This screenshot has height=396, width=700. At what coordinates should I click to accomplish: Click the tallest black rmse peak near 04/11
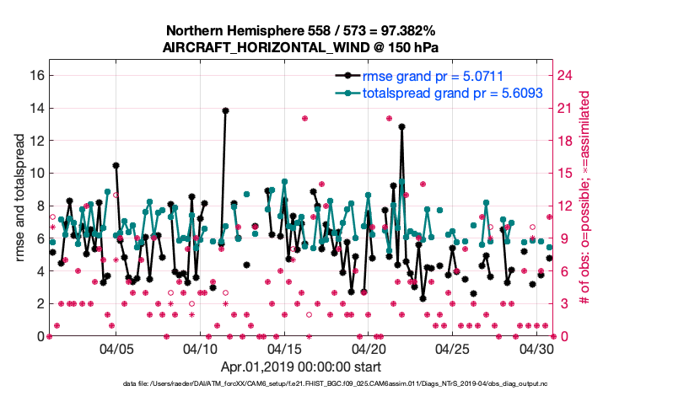(225, 110)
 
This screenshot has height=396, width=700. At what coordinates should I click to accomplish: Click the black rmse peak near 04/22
(402, 126)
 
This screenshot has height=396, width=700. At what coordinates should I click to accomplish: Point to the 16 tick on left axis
(36, 75)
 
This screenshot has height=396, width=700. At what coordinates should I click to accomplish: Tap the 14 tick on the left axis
(36, 108)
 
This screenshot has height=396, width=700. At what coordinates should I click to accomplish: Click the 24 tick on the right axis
(567, 75)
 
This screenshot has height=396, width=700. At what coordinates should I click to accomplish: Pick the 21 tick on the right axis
(567, 108)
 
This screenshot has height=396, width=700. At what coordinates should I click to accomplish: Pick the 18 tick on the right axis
(567, 140)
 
